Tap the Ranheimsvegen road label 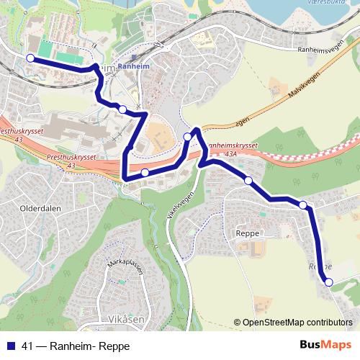(316, 50)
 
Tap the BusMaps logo (320, 345)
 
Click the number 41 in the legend (27, 345)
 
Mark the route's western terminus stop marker (30, 58)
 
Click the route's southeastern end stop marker (329, 283)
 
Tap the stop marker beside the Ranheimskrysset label (187, 137)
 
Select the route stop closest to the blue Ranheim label (122, 109)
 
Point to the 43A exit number (230, 153)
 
